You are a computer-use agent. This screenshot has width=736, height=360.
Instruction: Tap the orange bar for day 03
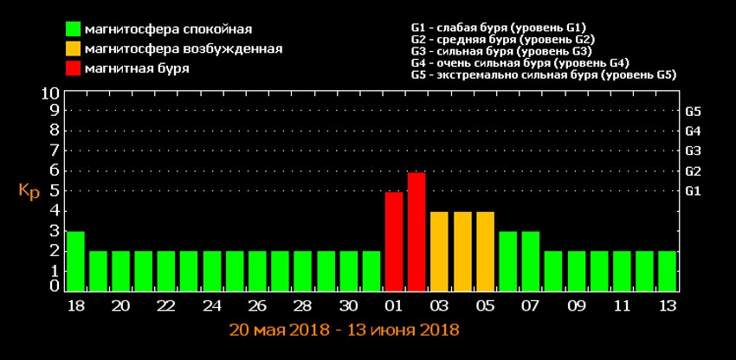[x=439, y=251]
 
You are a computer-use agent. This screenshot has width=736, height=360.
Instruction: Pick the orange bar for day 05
[x=485, y=251]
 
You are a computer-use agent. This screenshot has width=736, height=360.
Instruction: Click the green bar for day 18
[x=75, y=261]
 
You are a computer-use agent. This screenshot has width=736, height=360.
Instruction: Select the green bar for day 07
[x=530, y=261]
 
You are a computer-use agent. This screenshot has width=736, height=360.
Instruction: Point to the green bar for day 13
[x=667, y=271]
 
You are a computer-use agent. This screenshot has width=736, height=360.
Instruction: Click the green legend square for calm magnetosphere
[x=74, y=30]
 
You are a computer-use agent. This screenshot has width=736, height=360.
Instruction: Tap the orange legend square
[x=74, y=49]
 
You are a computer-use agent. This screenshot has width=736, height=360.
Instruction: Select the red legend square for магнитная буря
[x=74, y=68]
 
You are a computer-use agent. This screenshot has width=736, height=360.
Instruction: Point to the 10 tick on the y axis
[x=50, y=93]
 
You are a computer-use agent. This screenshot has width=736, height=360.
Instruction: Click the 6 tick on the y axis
[x=54, y=170]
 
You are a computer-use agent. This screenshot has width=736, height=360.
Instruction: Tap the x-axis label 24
[x=211, y=306]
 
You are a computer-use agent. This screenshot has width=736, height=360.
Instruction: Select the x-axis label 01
[x=394, y=306]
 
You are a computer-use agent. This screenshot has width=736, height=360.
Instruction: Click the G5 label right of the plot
[x=693, y=112]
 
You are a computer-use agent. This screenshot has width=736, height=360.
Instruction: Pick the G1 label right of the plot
[x=693, y=190]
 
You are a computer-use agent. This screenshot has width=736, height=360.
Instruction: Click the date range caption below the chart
[x=344, y=331]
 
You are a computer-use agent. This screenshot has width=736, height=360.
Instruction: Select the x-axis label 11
[x=621, y=306]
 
